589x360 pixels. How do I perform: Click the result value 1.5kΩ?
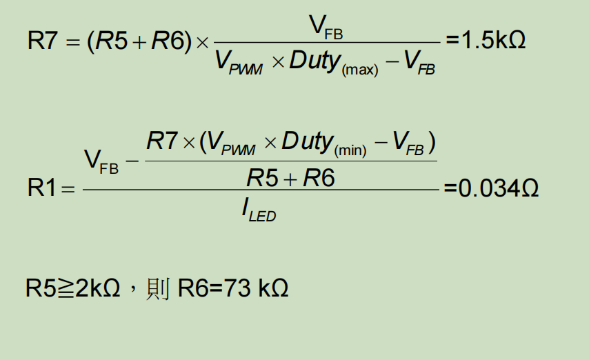(492, 40)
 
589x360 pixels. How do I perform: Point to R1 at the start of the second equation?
(41, 188)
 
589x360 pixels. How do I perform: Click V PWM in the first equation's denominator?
(239, 62)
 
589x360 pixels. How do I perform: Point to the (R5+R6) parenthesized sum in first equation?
(138, 41)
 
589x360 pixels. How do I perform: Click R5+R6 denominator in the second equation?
(290, 178)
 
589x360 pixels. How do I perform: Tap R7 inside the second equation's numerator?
(162, 142)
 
